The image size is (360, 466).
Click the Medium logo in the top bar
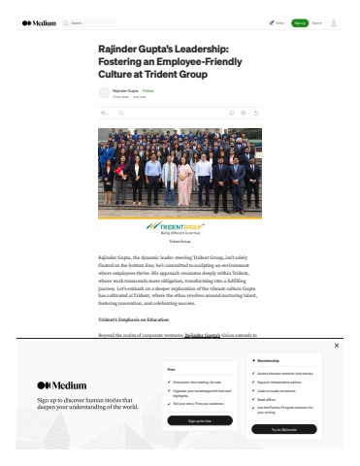39,22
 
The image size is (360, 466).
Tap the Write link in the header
277,22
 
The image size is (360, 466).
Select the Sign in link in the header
316,22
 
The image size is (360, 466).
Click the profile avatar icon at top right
335,22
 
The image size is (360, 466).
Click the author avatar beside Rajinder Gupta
104,92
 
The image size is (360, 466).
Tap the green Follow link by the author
148,89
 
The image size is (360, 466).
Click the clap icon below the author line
103,114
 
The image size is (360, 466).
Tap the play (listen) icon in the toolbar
244,114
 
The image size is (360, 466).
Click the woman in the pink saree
183,182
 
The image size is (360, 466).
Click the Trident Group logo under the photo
179,225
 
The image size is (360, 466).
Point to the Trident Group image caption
180,240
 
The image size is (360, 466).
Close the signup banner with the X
337,346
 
